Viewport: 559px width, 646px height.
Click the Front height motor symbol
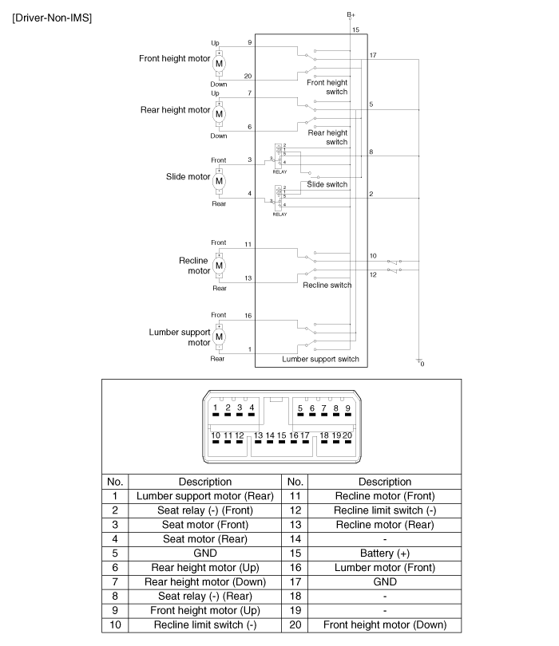coord(219,63)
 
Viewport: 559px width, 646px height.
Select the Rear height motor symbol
coord(219,114)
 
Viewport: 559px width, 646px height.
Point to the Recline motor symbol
coord(219,265)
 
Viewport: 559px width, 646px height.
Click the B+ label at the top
coord(351,14)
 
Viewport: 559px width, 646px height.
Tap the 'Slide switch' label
coord(327,184)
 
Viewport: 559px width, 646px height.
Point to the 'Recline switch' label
coord(327,285)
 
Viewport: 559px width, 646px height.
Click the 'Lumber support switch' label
coord(320,359)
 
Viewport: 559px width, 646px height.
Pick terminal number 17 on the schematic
coord(374,55)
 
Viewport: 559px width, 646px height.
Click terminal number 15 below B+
coord(355,30)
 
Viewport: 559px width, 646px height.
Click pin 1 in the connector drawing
coord(216,408)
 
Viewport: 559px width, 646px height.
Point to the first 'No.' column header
coord(115,482)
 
